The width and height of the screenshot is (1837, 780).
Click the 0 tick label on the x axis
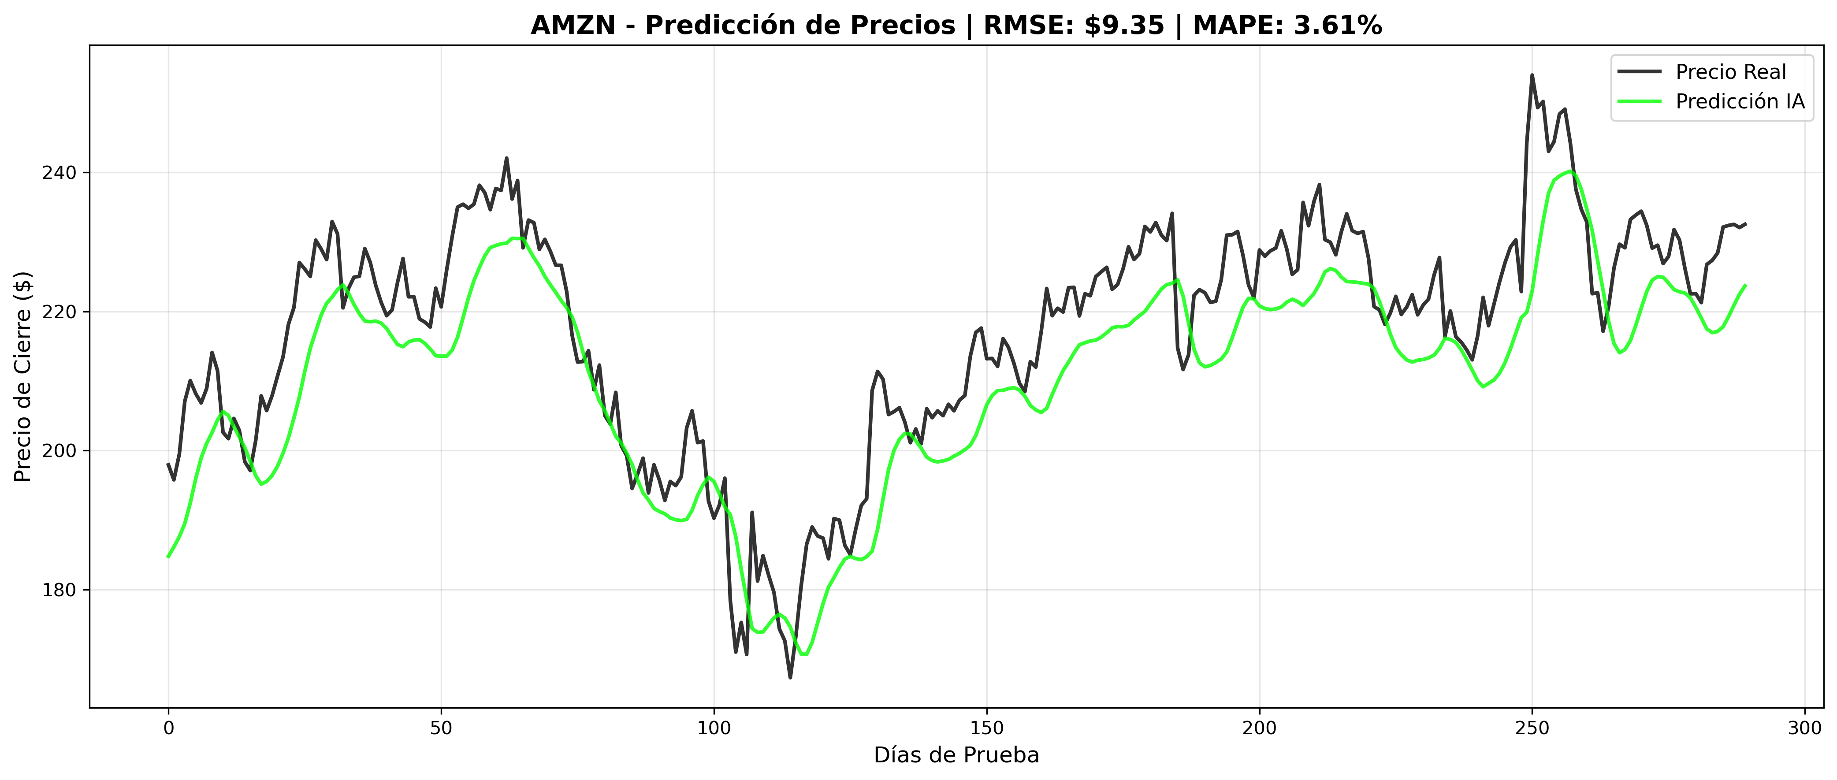[168, 728]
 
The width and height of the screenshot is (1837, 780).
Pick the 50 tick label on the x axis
[442, 728]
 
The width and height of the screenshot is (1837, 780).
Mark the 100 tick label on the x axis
[714, 728]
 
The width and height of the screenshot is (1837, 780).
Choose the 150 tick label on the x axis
[987, 728]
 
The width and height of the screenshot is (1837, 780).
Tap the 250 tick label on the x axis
[1532, 728]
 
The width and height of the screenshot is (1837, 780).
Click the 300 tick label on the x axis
[1805, 728]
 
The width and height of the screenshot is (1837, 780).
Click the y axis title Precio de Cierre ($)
[23, 376]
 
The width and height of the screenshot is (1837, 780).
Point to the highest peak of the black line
[1532, 75]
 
